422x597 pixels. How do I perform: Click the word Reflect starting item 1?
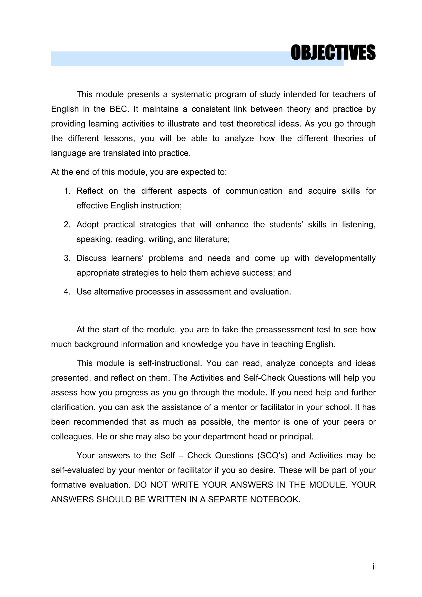click(x=90, y=191)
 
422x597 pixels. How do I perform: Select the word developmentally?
click(x=345, y=258)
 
